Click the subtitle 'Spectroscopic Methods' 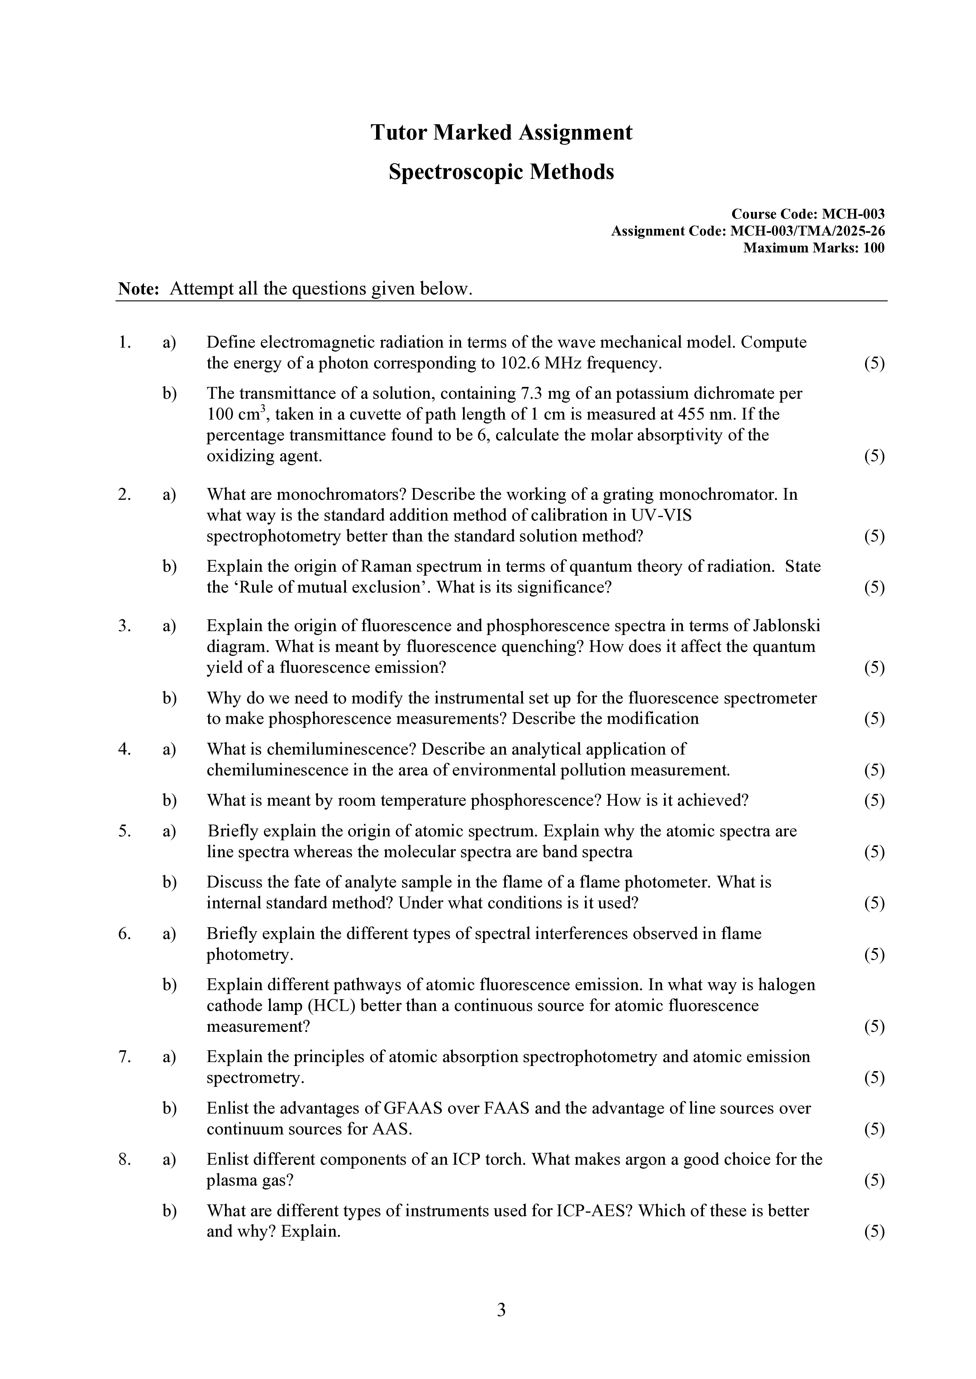[x=501, y=172]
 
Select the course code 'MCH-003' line [x=807, y=214]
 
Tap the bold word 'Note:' [x=138, y=289]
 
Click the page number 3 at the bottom [x=501, y=1310]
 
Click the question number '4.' [x=124, y=749]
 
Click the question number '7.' [x=124, y=1057]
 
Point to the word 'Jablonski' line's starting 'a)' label [x=169, y=626]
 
